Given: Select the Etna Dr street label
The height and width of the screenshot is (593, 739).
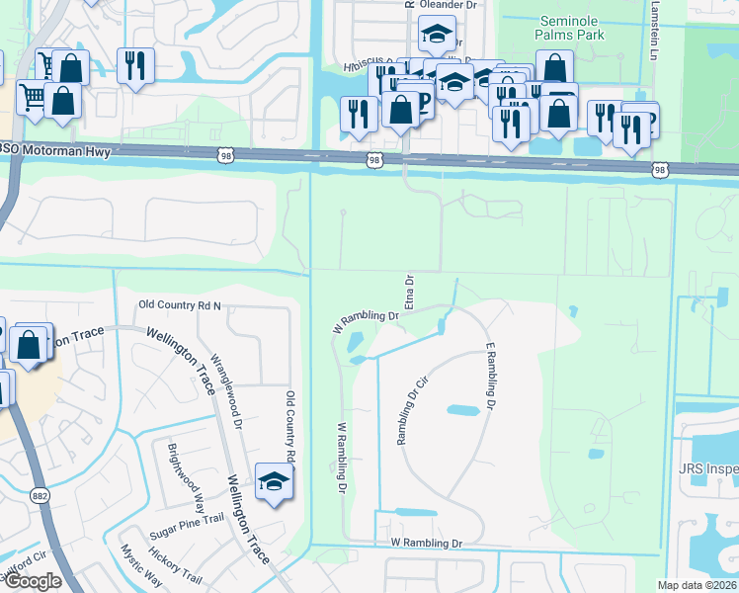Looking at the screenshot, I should point(405,293).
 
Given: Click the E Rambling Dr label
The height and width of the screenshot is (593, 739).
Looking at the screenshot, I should point(488,377).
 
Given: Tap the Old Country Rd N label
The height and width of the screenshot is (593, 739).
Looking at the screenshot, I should point(180,306).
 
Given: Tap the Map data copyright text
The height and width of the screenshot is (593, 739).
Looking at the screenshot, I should point(698,585).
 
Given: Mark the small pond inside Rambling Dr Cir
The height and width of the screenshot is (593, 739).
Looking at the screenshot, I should point(462,409).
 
